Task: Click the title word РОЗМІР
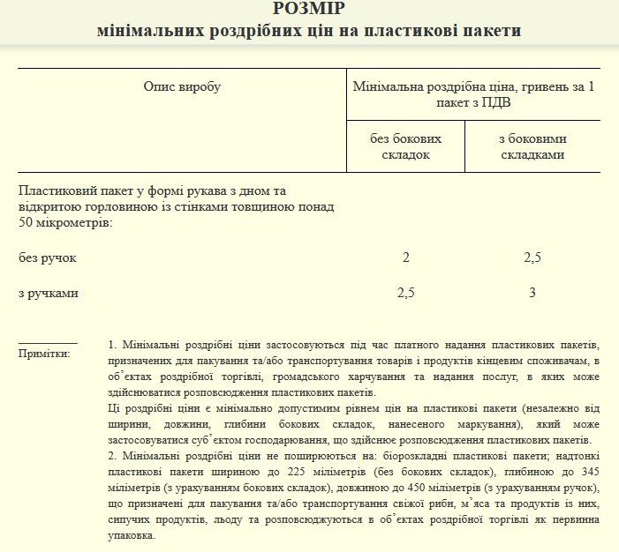pyautogui.click(x=310, y=10)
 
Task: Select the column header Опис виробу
pyautogui.click(x=182, y=86)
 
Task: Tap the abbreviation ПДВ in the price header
pyautogui.click(x=495, y=102)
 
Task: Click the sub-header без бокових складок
pyautogui.click(x=406, y=146)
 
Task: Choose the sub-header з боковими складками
pyautogui.click(x=532, y=146)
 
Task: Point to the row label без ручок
pyautogui.click(x=48, y=258)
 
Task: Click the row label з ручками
pyautogui.click(x=49, y=293)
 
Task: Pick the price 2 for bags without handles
pyautogui.click(x=406, y=258)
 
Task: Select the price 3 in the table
pyautogui.click(x=532, y=293)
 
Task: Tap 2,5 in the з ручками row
pyautogui.click(x=406, y=293)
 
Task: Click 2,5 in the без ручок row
pyautogui.click(x=532, y=258)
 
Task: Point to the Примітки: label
pyautogui.click(x=44, y=354)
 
